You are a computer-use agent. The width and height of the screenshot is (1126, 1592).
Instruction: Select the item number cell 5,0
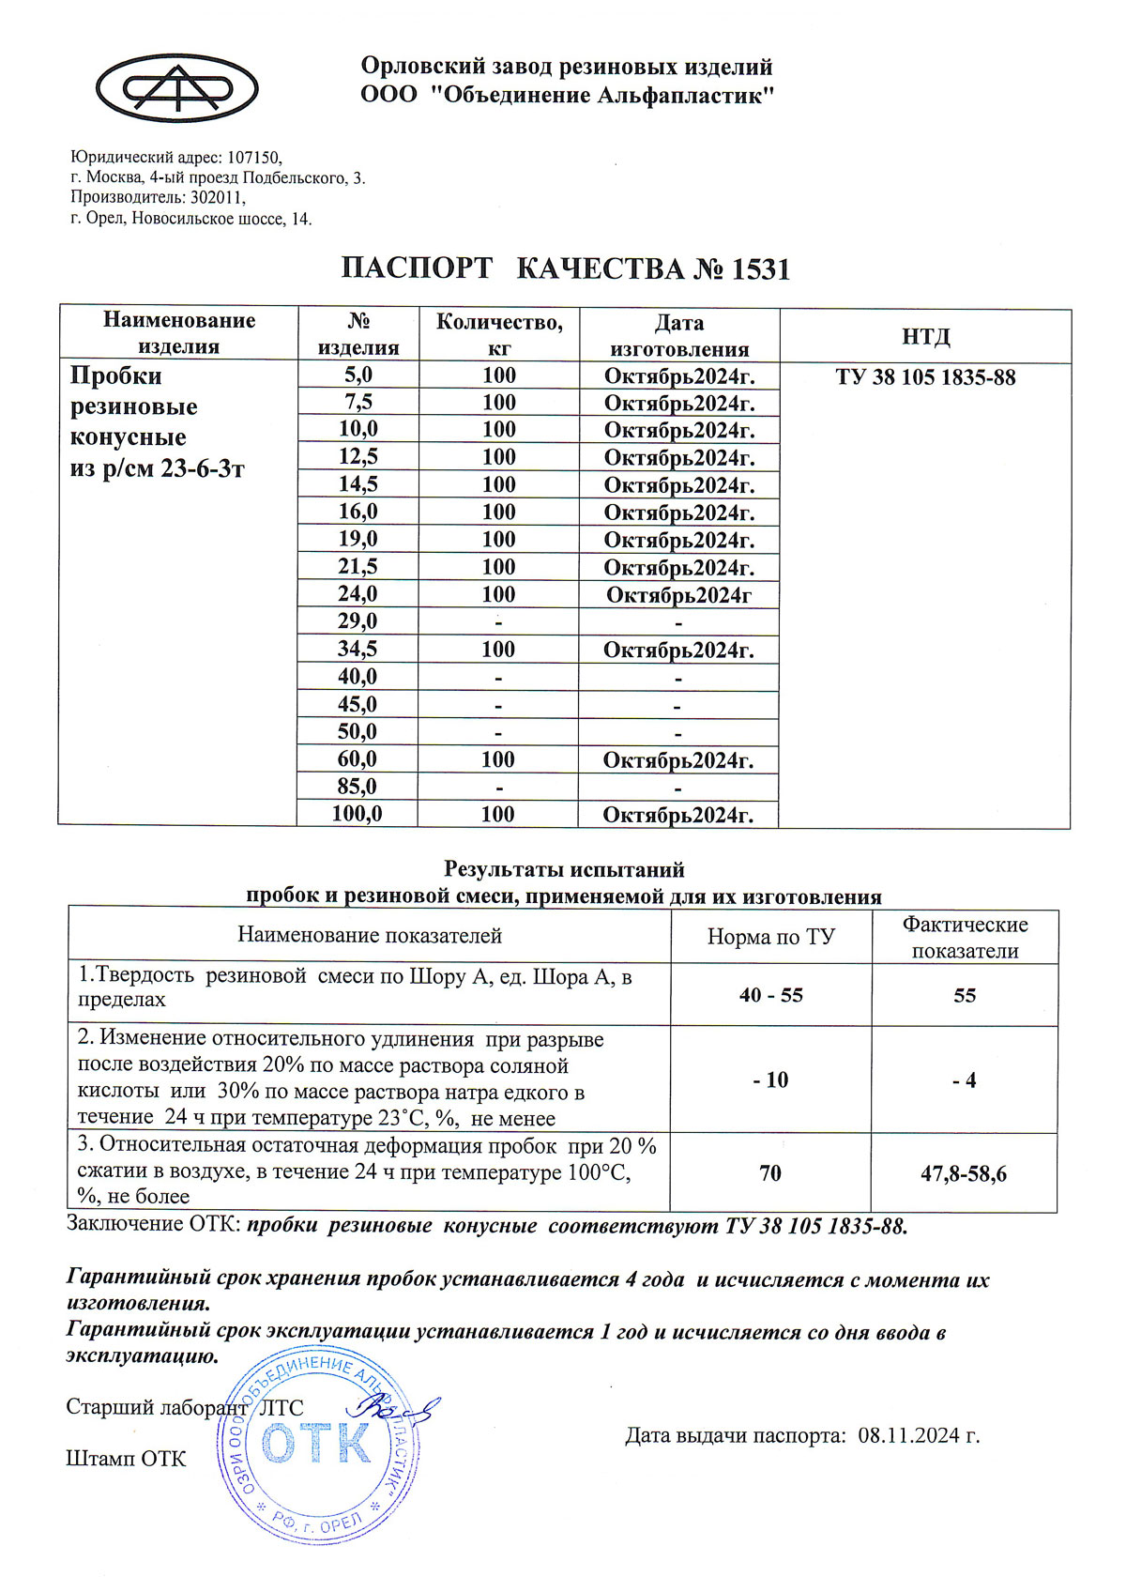click(x=358, y=375)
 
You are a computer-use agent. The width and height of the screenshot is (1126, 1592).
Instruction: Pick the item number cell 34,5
click(x=358, y=650)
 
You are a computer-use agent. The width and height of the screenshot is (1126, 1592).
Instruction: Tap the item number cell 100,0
click(x=358, y=814)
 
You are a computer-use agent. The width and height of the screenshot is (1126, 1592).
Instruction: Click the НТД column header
click(x=925, y=337)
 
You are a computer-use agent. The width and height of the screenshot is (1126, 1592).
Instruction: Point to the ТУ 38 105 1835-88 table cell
click(x=925, y=378)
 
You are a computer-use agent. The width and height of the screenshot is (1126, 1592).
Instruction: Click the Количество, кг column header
click(x=499, y=335)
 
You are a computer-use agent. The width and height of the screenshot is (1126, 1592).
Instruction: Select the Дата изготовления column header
click(x=679, y=336)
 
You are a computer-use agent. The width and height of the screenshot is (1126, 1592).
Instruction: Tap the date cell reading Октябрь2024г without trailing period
click(x=679, y=595)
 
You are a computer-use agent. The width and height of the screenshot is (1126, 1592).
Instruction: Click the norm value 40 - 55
click(x=771, y=996)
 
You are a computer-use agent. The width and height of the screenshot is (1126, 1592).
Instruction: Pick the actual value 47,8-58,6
click(x=964, y=1174)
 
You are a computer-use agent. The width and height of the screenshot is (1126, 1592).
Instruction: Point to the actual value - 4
click(x=964, y=1081)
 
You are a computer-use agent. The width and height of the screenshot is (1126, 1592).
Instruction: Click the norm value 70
click(x=770, y=1173)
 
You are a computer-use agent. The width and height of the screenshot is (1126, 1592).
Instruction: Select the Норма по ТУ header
click(x=771, y=937)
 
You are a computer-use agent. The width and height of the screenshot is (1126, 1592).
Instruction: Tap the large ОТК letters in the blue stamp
click(x=317, y=1445)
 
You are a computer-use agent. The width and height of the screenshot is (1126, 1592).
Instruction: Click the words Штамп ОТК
click(x=126, y=1459)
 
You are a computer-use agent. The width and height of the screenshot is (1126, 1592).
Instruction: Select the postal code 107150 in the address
click(x=254, y=158)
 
